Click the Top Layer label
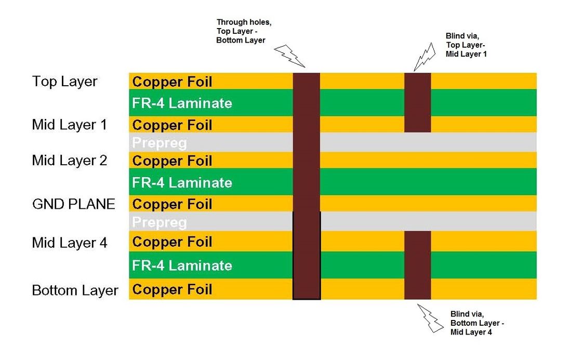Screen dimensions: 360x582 pyautogui.click(x=64, y=82)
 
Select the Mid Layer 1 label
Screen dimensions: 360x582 pyautogui.click(x=69, y=125)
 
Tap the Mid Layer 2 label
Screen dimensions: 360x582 pyautogui.click(x=70, y=161)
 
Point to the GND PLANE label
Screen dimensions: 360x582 pyautogui.click(x=73, y=204)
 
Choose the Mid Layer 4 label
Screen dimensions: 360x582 pyautogui.click(x=70, y=243)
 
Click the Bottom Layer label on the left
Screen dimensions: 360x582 pyautogui.click(x=75, y=290)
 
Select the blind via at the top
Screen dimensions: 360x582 pyautogui.click(x=418, y=102)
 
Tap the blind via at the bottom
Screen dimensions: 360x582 pyautogui.click(x=418, y=265)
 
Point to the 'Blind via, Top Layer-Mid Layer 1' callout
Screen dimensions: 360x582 pyautogui.click(x=466, y=45)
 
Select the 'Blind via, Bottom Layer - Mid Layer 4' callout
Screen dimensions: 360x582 pyautogui.click(x=477, y=323)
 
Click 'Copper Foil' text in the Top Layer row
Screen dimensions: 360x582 pyautogui.click(x=172, y=82)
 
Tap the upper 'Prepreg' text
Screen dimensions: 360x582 pyautogui.click(x=159, y=143)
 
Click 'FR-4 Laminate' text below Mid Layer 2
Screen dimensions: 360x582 pyautogui.click(x=182, y=182)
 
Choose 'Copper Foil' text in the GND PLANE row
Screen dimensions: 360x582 pyautogui.click(x=172, y=204)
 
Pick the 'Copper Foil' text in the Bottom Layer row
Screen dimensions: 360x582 pyautogui.click(x=172, y=290)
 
